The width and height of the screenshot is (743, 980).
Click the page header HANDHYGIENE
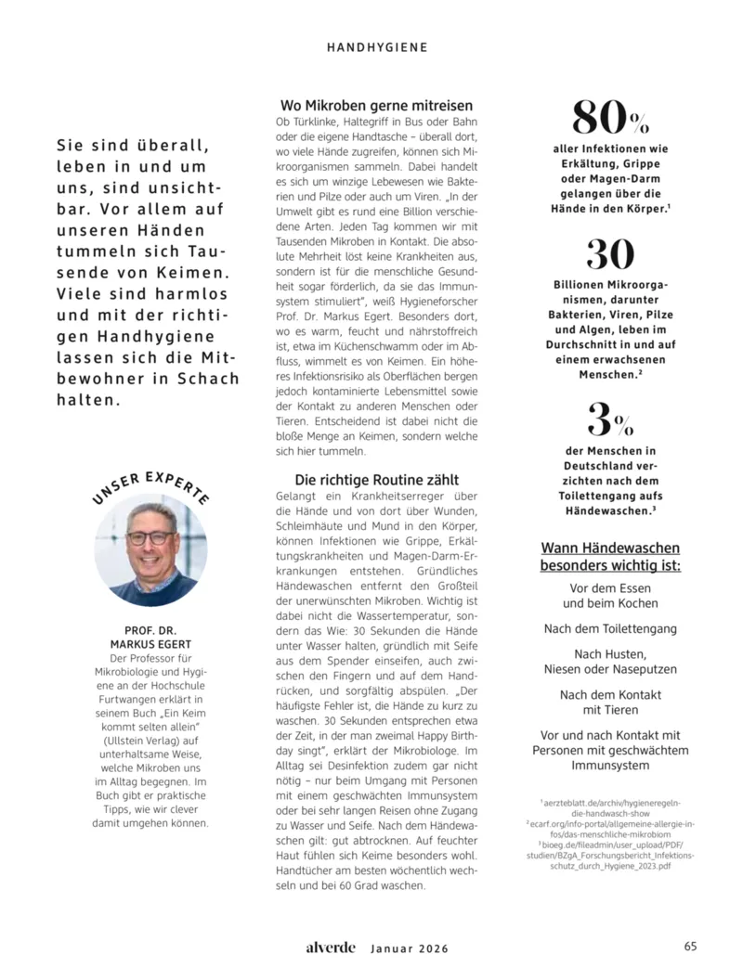point(377,46)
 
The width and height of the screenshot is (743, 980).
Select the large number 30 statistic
point(610,254)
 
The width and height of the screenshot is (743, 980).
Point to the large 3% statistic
point(610,419)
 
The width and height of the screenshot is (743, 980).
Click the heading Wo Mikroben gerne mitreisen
point(377,106)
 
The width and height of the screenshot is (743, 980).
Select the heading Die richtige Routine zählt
point(377,480)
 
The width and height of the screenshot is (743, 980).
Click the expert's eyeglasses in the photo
point(150,537)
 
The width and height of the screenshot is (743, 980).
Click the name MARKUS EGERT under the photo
point(150,644)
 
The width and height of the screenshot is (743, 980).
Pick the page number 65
point(690,947)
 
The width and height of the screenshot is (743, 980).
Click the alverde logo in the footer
point(332,948)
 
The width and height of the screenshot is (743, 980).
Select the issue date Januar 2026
point(410,948)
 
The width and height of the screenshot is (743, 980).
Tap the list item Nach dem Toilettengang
point(610,628)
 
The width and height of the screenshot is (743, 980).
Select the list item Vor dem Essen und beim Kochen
point(610,596)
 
